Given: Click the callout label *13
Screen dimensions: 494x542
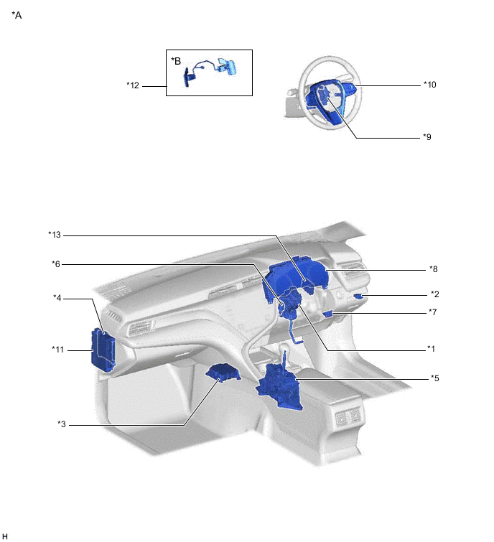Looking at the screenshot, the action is pyautogui.click(x=55, y=235).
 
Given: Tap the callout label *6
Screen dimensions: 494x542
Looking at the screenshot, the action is pyautogui.click(x=56, y=264).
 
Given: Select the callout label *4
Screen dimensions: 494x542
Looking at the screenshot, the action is pyautogui.click(x=57, y=298).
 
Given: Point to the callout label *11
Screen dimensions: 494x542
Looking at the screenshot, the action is pyautogui.click(x=58, y=350).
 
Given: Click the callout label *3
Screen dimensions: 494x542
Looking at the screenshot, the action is pyautogui.click(x=62, y=424).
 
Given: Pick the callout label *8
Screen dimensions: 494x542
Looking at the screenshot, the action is pyautogui.click(x=434, y=269).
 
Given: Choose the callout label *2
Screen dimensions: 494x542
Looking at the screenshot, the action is pyautogui.click(x=435, y=294).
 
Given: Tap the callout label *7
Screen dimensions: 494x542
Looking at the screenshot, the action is pyautogui.click(x=433, y=312).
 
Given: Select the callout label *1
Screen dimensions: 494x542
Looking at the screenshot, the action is pyautogui.click(x=431, y=349).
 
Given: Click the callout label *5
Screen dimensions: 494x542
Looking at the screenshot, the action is pyautogui.click(x=435, y=378).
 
